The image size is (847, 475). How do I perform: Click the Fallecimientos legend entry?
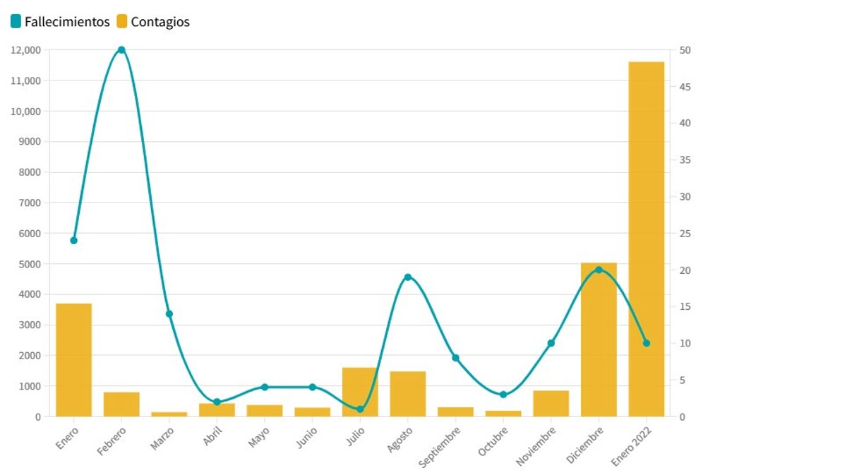pyautogui.click(x=61, y=22)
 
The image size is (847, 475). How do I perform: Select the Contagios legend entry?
pyautogui.click(x=153, y=22)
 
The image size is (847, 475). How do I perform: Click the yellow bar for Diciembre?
pyautogui.click(x=599, y=339)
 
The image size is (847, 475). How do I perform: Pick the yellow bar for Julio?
pyautogui.click(x=360, y=392)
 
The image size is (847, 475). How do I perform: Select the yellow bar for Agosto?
pyautogui.click(x=408, y=394)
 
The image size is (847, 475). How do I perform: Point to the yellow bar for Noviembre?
pyautogui.click(x=551, y=403)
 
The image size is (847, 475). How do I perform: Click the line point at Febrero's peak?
pyautogui.click(x=121, y=50)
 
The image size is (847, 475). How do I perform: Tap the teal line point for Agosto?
pyautogui.click(x=408, y=277)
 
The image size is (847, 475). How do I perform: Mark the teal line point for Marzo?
pyautogui.click(x=169, y=313)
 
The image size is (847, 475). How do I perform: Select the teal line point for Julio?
pyautogui.click(x=360, y=409)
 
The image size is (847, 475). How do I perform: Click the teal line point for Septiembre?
pyautogui.click(x=456, y=358)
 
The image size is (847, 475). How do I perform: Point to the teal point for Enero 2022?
pyautogui.click(x=647, y=343)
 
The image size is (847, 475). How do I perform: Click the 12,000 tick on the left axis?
pyautogui.click(x=25, y=50)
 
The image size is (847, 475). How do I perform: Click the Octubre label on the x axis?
pyautogui.click(x=493, y=440)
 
